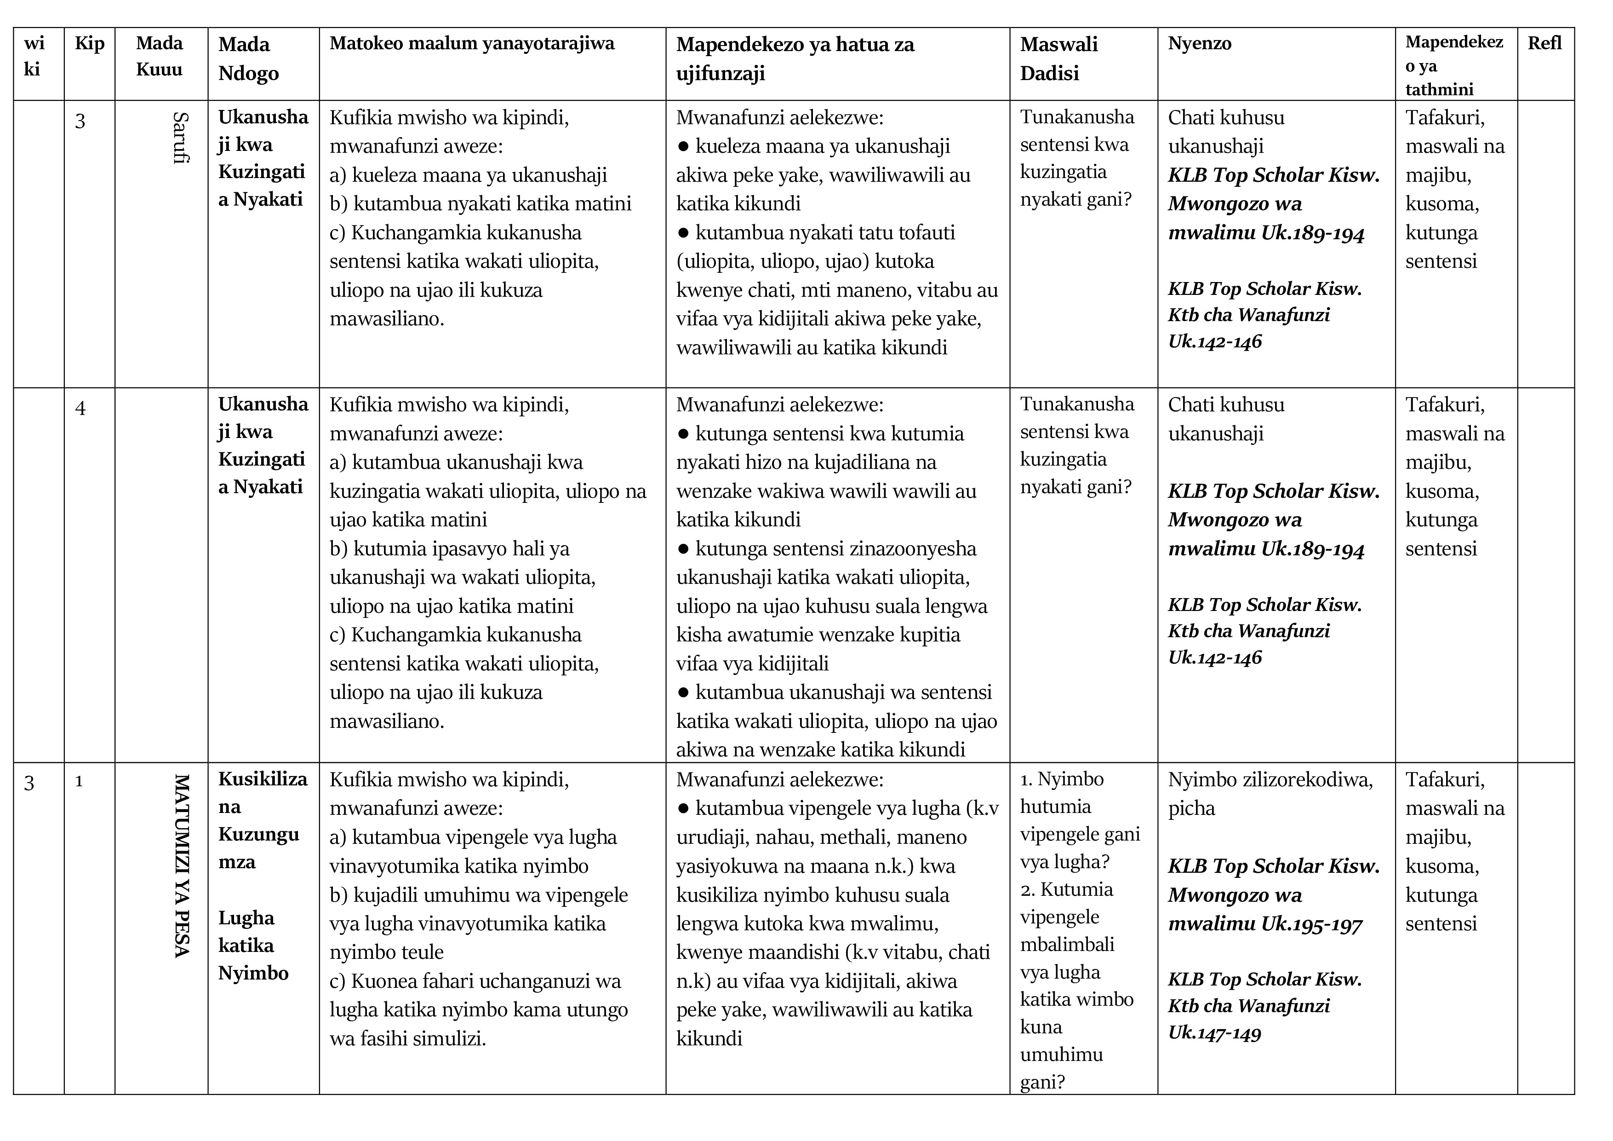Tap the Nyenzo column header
pos(1199,44)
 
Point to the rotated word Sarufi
pos(181,138)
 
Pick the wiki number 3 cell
pos(29,783)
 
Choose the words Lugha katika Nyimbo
pos(253,945)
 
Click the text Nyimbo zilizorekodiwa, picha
pos(1270,794)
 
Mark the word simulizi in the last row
pos(447,1038)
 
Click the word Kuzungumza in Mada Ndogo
pos(258,848)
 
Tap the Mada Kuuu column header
pos(160,56)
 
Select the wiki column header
pos(33,56)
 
